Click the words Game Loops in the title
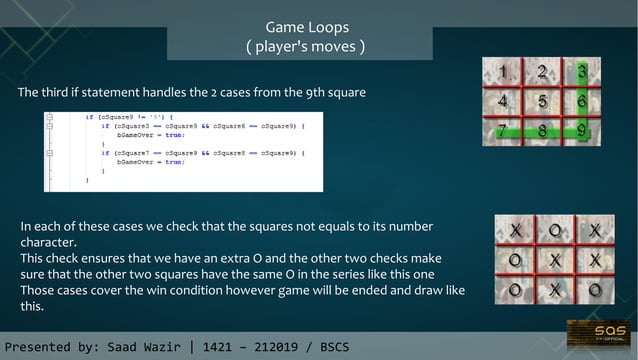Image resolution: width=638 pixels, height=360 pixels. [x=306, y=27]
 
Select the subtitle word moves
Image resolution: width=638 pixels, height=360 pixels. [x=335, y=46]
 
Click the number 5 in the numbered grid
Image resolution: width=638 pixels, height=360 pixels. [x=542, y=101]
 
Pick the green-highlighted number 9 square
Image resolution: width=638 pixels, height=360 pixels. [x=581, y=128]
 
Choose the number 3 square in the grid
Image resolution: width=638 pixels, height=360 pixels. [x=581, y=73]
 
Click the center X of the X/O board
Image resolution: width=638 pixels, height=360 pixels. [x=553, y=260]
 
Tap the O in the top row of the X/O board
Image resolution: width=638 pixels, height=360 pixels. [x=553, y=231]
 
